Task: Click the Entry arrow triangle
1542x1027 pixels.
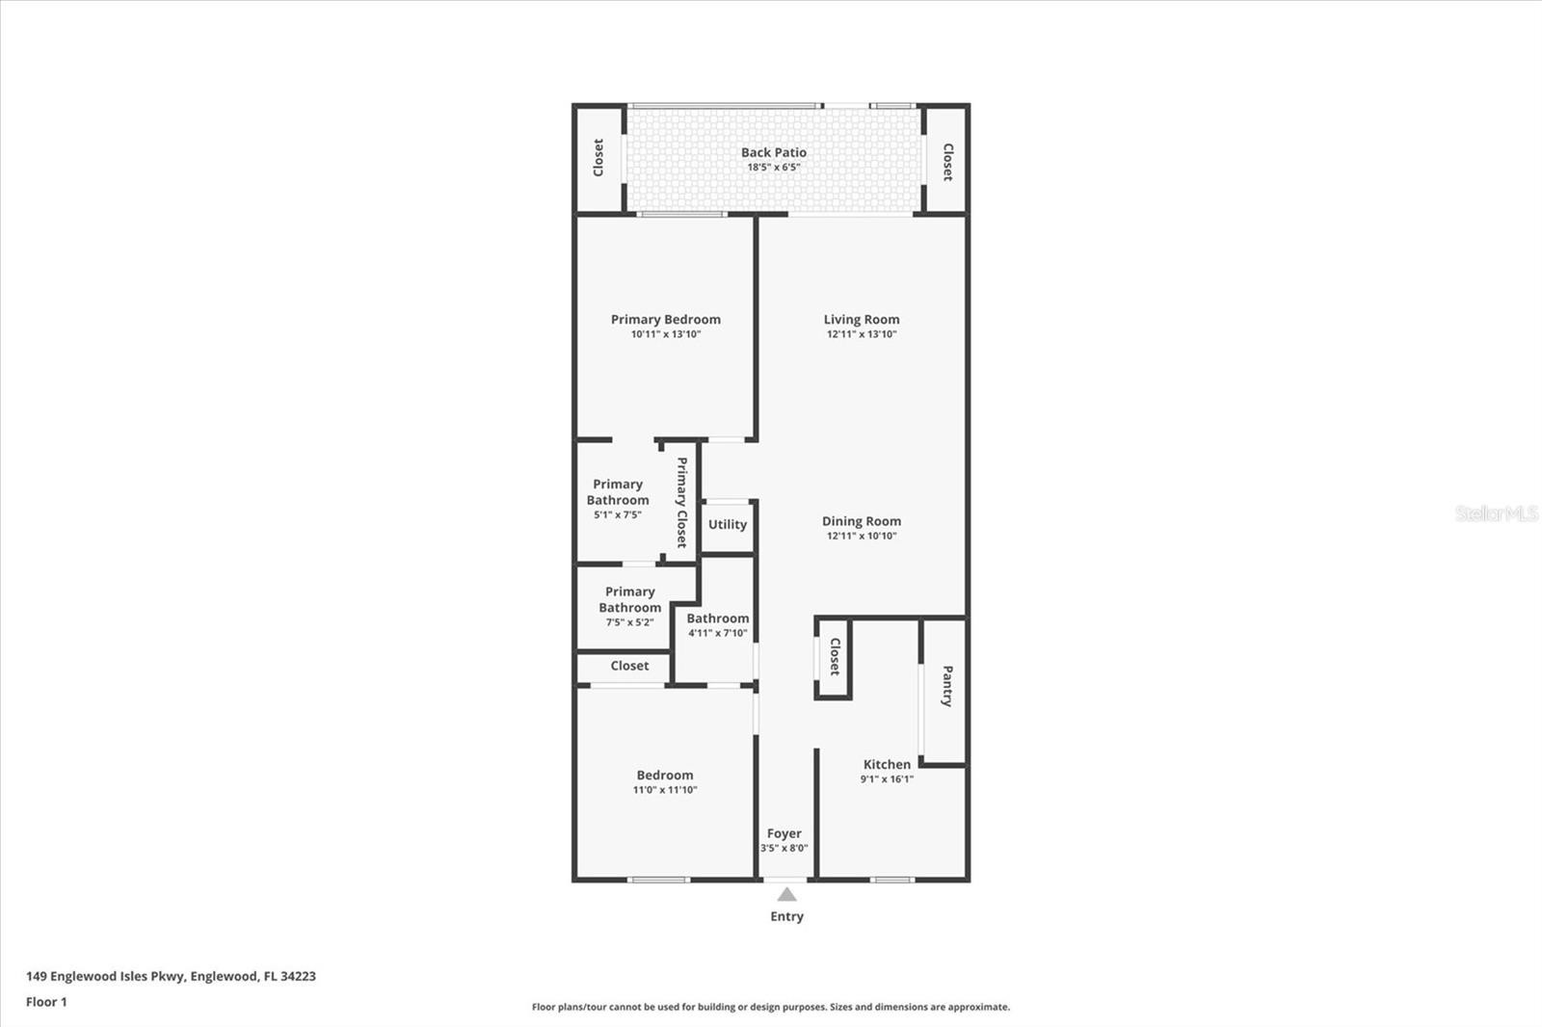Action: (x=786, y=894)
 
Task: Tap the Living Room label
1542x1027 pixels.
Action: (x=862, y=320)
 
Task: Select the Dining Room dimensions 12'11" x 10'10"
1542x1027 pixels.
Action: (x=862, y=537)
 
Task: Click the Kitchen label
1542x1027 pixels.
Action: (x=887, y=764)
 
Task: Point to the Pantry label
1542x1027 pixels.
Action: (x=947, y=686)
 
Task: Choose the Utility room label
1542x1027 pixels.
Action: (x=728, y=524)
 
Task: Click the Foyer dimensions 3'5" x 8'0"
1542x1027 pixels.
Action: (x=784, y=848)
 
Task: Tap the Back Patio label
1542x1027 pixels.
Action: (x=774, y=152)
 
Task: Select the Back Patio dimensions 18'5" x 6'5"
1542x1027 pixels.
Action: (x=774, y=168)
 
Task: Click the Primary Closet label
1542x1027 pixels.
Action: (x=681, y=503)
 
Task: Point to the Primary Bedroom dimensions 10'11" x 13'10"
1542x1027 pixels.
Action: (x=666, y=334)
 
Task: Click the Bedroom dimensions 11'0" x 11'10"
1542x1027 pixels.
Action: (x=665, y=790)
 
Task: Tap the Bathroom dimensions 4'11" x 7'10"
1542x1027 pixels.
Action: (x=717, y=633)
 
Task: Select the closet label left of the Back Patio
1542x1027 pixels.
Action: (x=598, y=158)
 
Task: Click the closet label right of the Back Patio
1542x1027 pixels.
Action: (x=947, y=163)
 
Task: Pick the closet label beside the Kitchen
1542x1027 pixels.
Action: (x=835, y=657)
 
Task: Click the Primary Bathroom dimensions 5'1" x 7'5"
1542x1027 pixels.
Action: (x=618, y=514)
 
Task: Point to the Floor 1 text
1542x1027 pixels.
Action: (x=46, y=1002)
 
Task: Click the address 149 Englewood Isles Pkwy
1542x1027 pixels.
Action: (x=105, y=976)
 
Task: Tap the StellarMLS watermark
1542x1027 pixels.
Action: (x=1497, y=513)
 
